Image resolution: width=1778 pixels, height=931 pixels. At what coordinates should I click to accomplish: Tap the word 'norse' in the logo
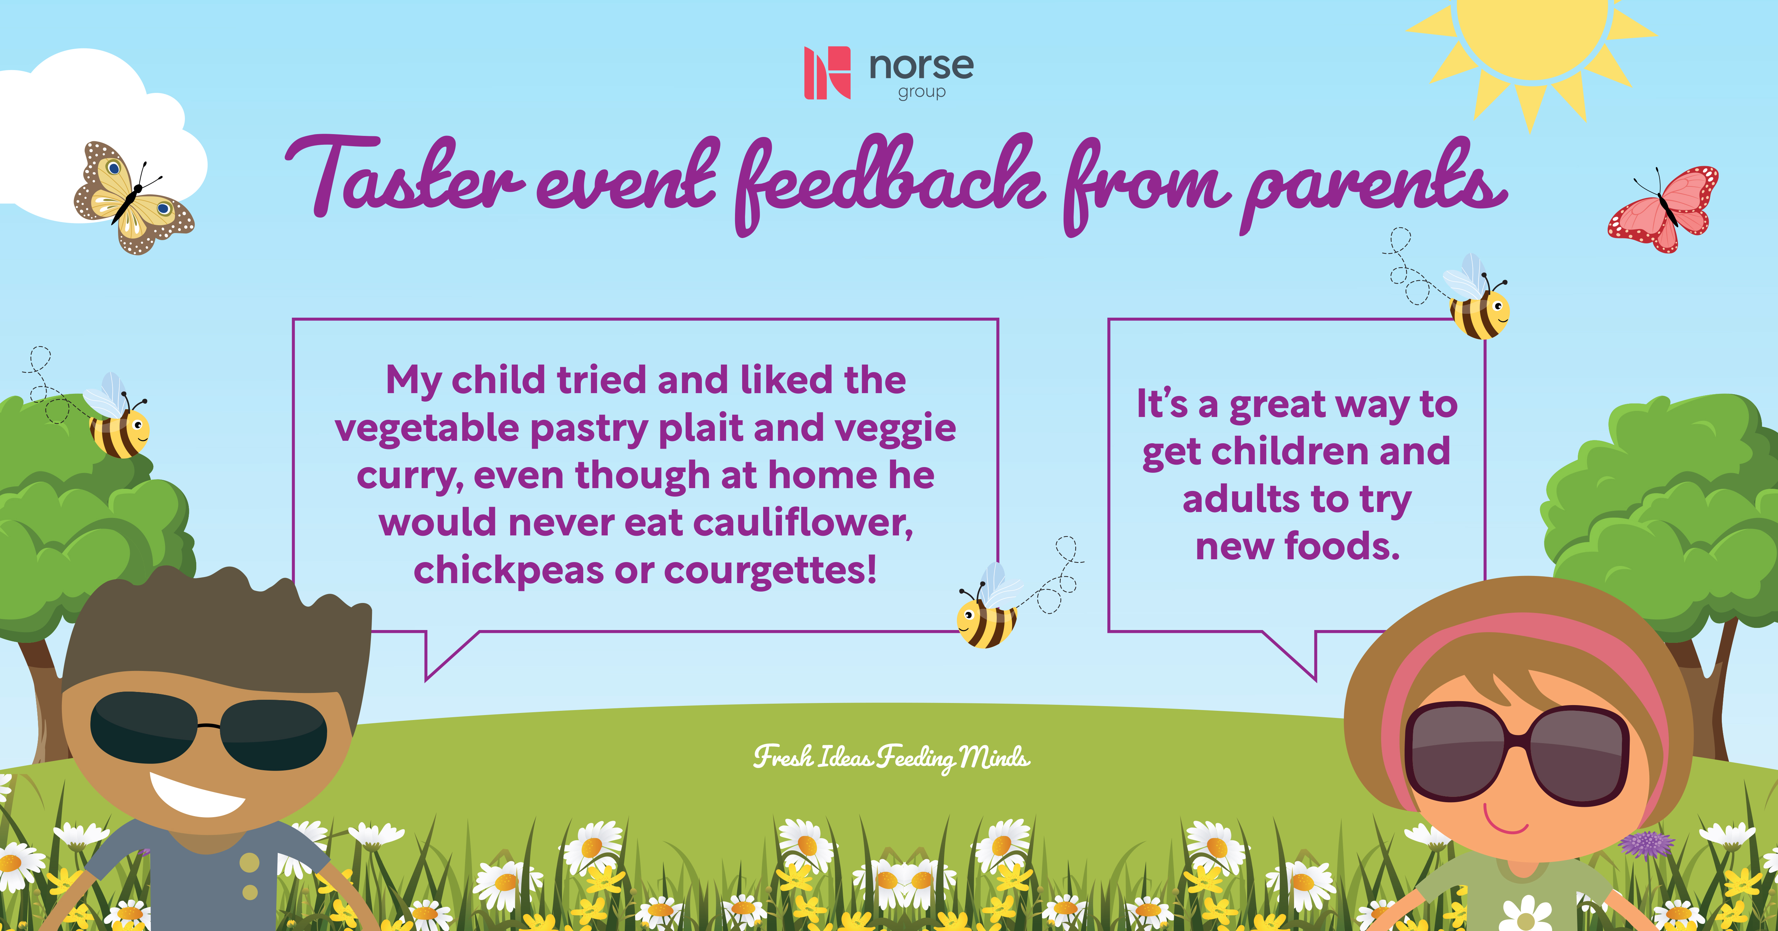921,66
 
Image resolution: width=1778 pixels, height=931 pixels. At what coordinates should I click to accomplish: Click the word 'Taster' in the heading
404,176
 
